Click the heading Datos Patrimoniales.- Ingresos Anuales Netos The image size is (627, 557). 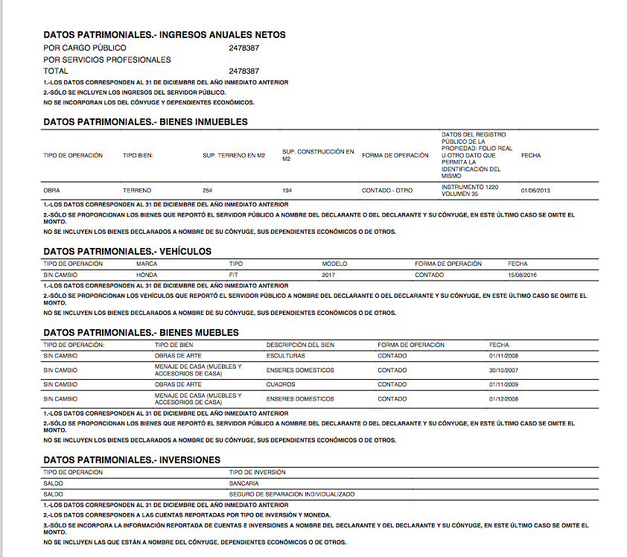coord(165,35)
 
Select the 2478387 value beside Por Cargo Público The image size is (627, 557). coord(244,48)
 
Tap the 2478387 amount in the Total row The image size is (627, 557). coord(244,71)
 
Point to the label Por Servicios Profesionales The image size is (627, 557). coord(107,60)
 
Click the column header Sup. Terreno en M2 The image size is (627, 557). coord(234,156)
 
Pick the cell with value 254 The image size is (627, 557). coord(208,191)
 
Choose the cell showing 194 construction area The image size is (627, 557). coord(287,191)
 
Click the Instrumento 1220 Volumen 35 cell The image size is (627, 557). coord(470,191)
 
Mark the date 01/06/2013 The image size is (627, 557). coord(535,191)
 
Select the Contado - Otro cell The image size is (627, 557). coord(387,191)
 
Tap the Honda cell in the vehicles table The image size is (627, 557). coord(147,275)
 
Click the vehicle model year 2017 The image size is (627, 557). coord(330,275)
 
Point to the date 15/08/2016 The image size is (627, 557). coord(522,275)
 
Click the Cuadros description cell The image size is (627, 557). coord(281,384)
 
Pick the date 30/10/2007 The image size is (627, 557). coord(503,370)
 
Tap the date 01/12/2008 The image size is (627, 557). coord(503,398)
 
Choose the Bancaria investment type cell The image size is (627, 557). coord(244,483)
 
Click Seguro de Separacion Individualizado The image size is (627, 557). coord(292,494)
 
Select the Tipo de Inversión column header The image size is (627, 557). coord(258,472)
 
